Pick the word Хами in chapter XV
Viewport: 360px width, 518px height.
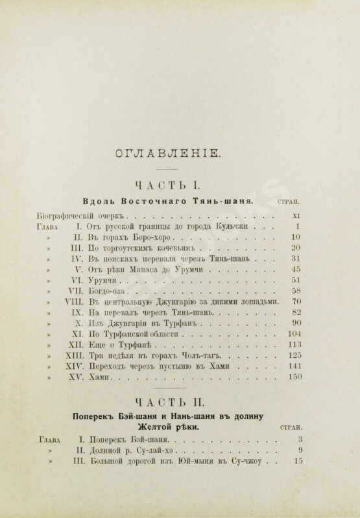pos(95,378)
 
